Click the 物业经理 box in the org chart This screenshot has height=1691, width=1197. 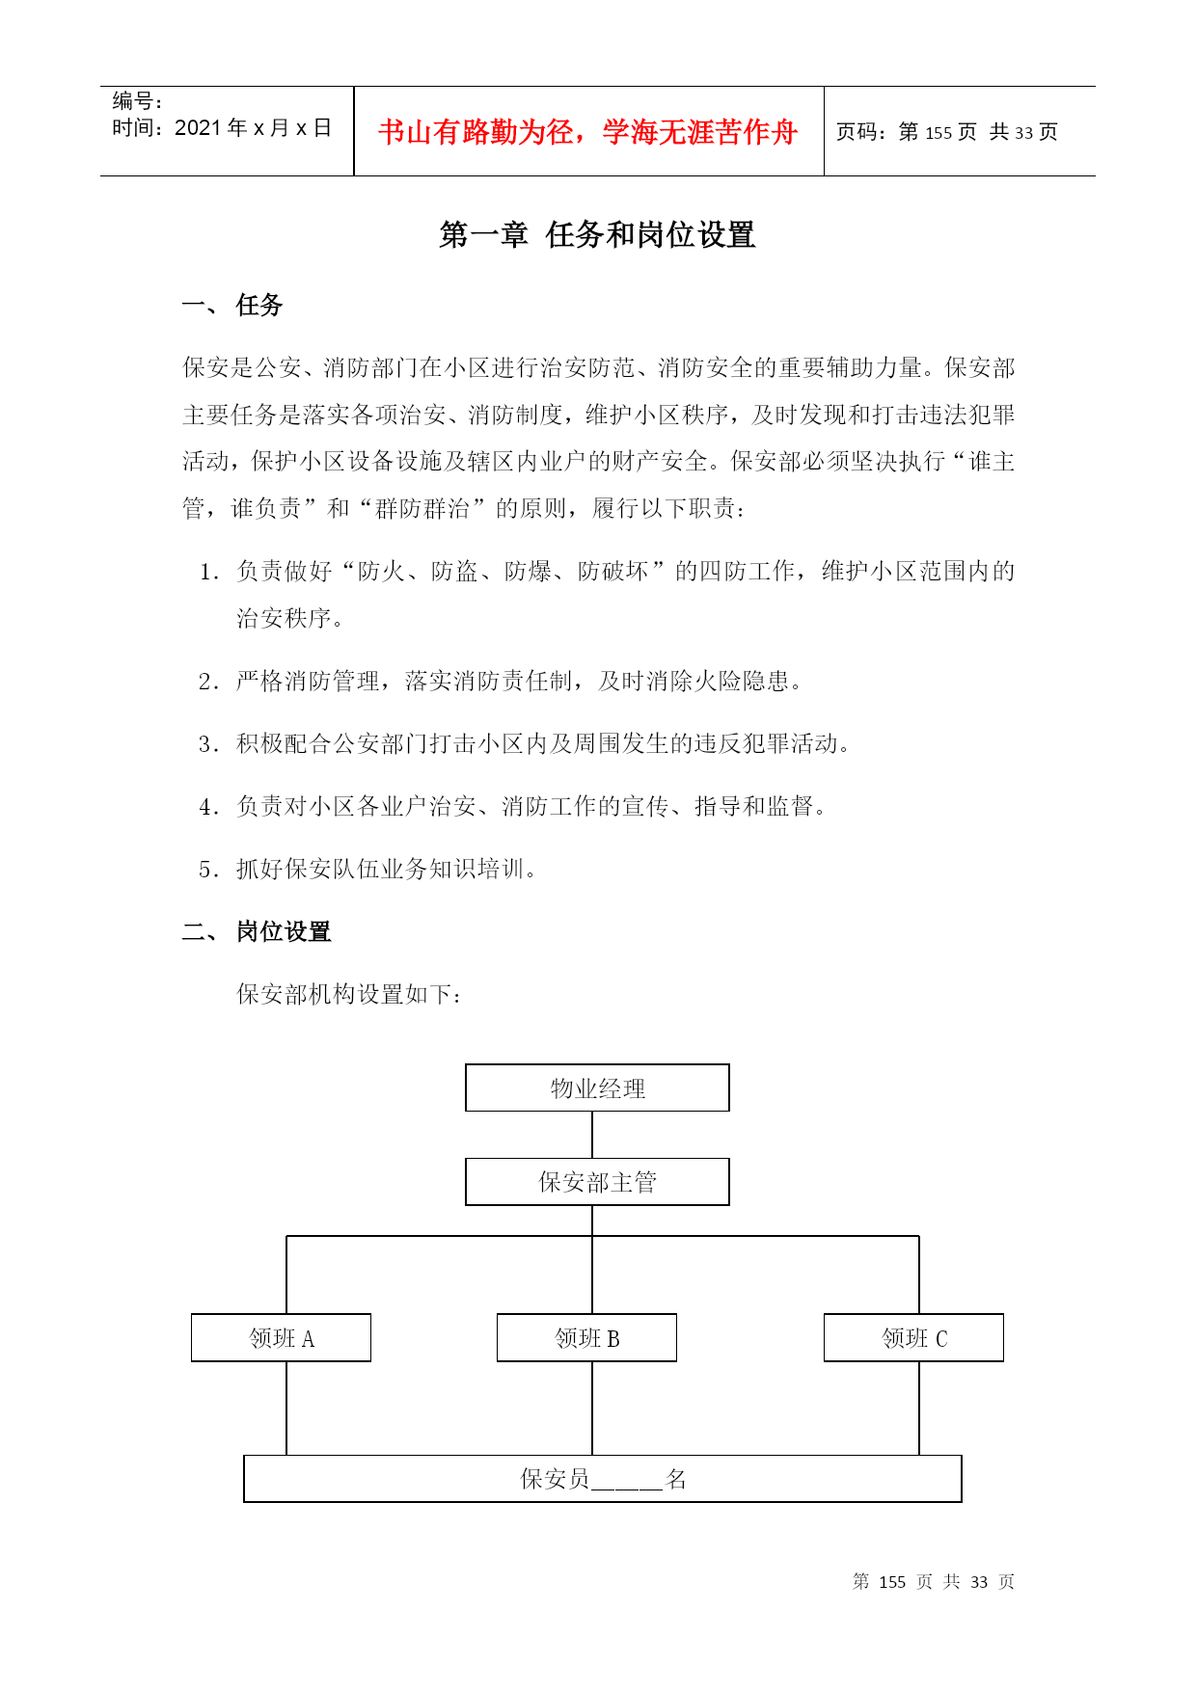point(597,1087)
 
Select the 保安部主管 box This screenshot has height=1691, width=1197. point(597,1182)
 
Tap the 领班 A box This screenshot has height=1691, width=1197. point(281,1338)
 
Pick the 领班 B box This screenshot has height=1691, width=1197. point(586,1338)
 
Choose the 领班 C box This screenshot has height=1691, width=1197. point(913,1338)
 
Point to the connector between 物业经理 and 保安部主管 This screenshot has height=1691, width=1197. point(592,1135)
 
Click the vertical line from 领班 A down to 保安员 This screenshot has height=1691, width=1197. point(286,1408)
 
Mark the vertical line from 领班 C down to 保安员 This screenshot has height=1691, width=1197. point(919,1408)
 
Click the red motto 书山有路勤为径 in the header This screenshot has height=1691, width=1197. point(587,132)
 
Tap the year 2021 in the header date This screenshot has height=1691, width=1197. point(198,128)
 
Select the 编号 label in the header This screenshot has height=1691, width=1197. point(136,101)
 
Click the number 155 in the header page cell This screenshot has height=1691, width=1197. point(939,133)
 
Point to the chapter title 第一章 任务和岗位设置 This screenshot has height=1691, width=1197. point(597,234)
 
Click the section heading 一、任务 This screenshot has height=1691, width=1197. point(233,306)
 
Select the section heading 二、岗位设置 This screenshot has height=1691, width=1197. point(258,931)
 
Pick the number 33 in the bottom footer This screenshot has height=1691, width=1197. point(979,1582)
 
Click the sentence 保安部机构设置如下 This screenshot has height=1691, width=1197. point(348,994)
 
